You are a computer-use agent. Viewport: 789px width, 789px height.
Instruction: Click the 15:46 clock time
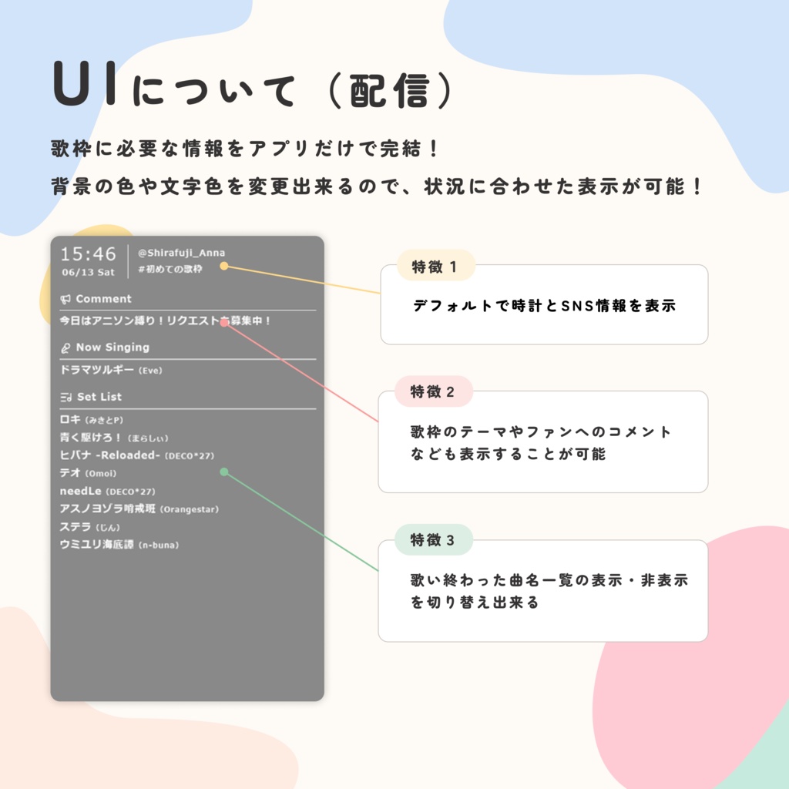tap(88, 254)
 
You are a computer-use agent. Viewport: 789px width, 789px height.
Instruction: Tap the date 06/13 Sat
tap(88, 272)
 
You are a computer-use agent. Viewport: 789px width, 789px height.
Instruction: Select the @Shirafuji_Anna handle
tap(181, 253)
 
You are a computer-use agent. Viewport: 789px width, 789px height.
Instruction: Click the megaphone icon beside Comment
tap(65, 300)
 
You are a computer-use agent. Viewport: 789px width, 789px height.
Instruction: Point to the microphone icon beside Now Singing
tap(65, 347)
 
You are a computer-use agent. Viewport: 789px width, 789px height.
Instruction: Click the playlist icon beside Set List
tap(66, 397)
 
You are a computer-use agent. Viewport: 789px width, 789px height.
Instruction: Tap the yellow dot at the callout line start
tap(224, 266)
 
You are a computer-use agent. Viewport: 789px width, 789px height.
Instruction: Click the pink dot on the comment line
tap(224, 322)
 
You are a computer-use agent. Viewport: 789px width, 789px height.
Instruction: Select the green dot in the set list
tap(224, 472)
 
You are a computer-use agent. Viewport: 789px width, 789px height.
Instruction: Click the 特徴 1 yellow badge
tap(436, 266)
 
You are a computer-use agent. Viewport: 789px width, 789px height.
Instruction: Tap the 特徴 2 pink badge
tap(434, 391)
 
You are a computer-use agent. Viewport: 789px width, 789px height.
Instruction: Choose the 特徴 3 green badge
tap(434, 540)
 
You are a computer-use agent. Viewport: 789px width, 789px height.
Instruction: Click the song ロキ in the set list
tap(70, 419)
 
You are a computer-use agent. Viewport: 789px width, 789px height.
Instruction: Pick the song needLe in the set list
tap(80, 491)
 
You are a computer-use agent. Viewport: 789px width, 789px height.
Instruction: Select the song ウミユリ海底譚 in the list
tap(96, 545)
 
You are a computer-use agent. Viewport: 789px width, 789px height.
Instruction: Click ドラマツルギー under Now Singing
tap(96, 370)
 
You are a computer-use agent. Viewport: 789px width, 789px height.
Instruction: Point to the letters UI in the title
tap(86, 83)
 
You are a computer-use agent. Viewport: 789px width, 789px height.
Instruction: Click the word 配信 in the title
tap(390, 91)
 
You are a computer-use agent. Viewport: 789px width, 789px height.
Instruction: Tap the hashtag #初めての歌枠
tap(170, 269)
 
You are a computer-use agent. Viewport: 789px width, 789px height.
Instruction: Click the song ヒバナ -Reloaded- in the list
tap(109, 455)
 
